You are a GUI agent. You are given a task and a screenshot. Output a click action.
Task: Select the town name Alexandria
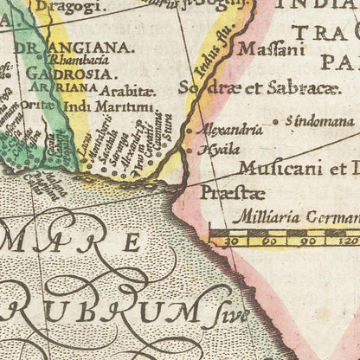[x=231, y=130]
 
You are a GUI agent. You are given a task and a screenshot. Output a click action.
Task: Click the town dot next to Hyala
[x=191, y=151]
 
